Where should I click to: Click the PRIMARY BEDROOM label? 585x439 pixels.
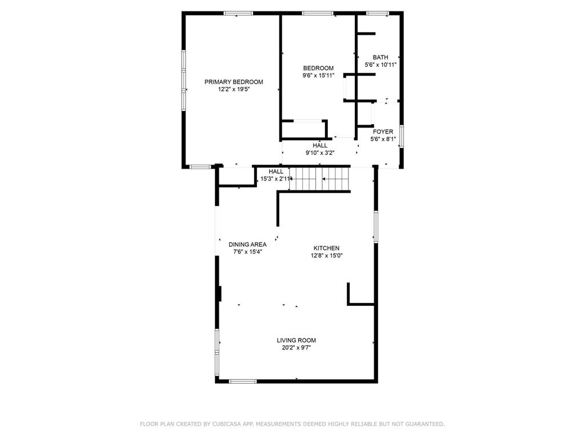tap(234, 82)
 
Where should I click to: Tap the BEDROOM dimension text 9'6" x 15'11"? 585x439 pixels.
tap(318, 75)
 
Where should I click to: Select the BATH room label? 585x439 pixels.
tap(380, 57)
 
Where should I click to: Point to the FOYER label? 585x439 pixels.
tap(383, 131)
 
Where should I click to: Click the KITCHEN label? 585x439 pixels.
tap(326, 248)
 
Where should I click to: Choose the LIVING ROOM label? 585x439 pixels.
tap(296, 340)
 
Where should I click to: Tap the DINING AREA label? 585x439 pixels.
tap(248, 245)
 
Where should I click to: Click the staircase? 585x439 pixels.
tap(320, 179)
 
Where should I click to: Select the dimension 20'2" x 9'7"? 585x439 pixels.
tap(296, 348)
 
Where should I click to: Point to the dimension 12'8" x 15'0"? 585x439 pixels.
tap(326, 256)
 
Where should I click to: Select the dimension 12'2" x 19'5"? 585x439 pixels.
tap(234, 90)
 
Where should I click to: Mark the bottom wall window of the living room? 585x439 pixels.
tap(242, 381)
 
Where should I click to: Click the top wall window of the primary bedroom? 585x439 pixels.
tap(238, 14)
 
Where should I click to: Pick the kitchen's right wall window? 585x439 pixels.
tap(376, 227)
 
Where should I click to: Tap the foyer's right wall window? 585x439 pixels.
tap(402, 137)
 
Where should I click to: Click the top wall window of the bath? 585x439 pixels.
tap(378, 14)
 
